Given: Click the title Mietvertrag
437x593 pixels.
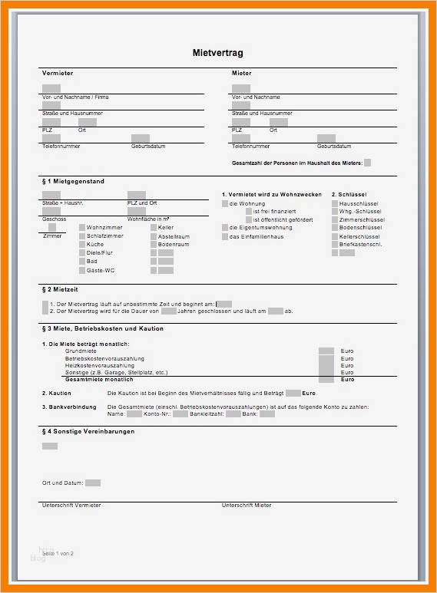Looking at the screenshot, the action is (217, 53).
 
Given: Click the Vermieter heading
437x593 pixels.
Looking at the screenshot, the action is (58, 73).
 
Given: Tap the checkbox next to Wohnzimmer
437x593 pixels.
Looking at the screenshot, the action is (81, 228).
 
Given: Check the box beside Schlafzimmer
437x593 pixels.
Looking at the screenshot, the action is (81, 236).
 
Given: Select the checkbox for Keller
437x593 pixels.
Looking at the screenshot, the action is (154, 228).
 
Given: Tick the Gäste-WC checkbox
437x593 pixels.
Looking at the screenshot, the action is (81, 270).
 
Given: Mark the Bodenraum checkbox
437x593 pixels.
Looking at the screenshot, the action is (154, 245).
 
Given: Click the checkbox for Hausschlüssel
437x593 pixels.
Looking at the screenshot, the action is (335, 203).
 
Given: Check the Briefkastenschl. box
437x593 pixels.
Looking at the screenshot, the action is (335, 245).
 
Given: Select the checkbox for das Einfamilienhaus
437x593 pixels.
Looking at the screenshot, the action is (225, 236).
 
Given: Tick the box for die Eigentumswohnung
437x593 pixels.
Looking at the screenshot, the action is (225, 228).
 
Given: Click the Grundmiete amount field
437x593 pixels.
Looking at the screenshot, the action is (326, 351).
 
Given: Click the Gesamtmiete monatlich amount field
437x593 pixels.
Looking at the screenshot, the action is (326, 379).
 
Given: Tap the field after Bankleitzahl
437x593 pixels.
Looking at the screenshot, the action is (233, 413).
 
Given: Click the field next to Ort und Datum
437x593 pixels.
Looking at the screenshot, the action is (93, 483).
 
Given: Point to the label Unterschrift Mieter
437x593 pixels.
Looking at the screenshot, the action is (247, 506).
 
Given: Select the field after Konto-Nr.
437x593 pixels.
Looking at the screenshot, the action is (180, 413).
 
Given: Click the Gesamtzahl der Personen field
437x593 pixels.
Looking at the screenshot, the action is (368, 163).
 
